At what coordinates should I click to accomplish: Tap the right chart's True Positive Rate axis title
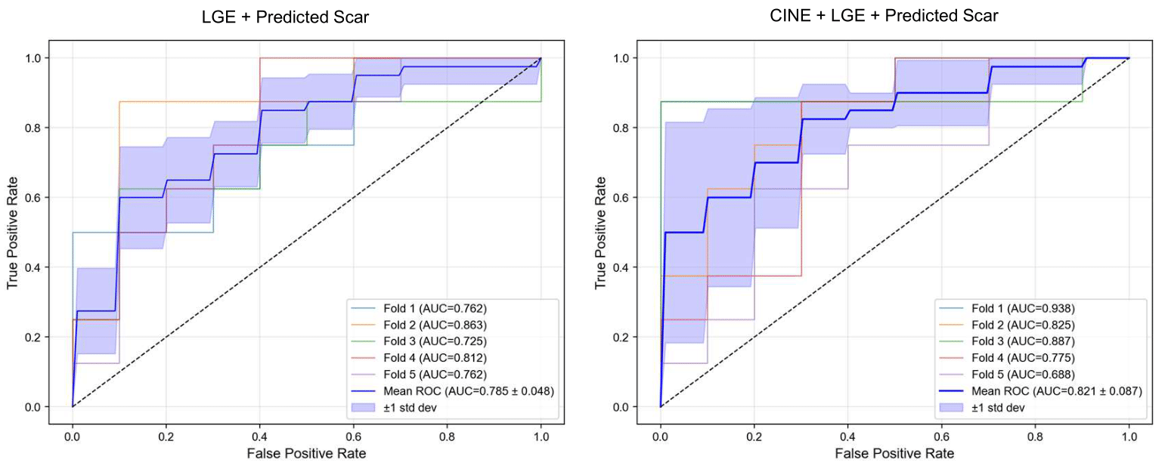(601, 232)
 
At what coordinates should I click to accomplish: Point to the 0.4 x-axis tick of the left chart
(260, 436)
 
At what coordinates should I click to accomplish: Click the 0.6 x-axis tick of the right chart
(942, 436)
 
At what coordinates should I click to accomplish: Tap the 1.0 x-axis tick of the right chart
(1129, 436)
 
